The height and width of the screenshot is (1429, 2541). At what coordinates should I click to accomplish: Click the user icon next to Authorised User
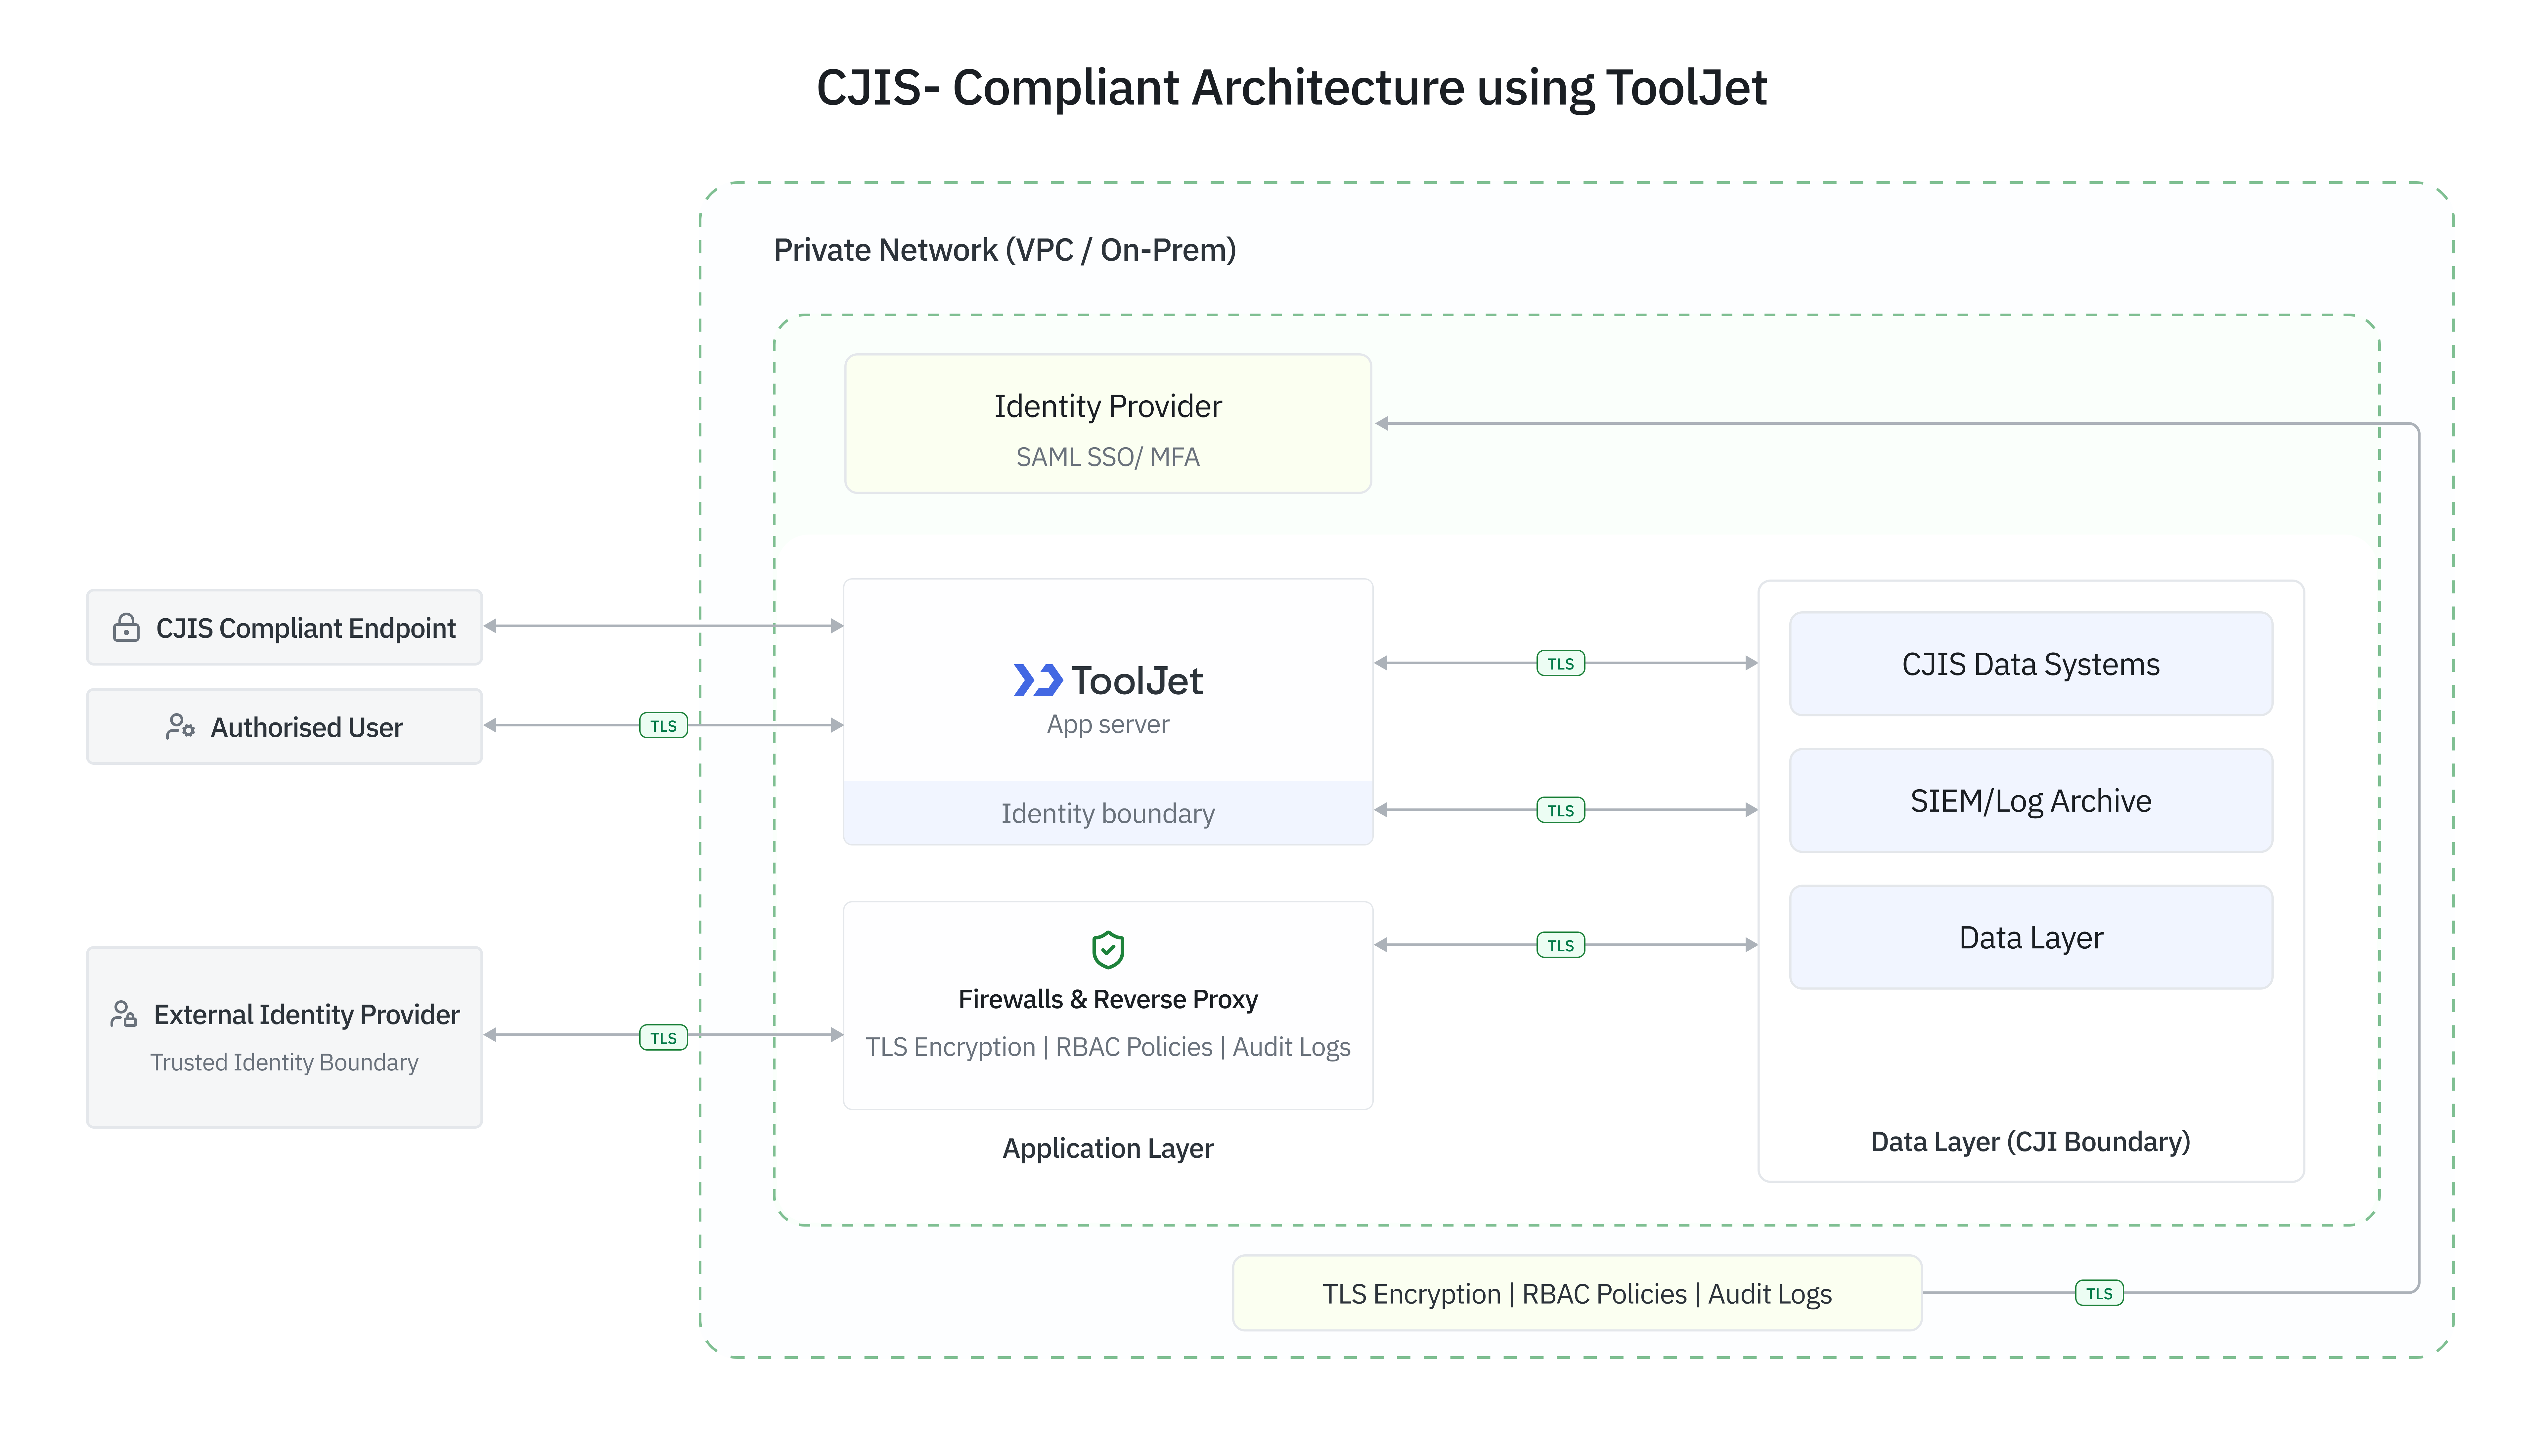click(180, 727)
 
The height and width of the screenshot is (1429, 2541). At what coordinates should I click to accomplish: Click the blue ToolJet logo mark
click(1037, 680)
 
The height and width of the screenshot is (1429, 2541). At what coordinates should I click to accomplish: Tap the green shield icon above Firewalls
click(1108, 950)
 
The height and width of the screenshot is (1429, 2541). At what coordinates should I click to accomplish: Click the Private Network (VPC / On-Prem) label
click(1004, 250)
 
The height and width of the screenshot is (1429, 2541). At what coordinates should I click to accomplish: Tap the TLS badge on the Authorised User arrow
click(663, 726)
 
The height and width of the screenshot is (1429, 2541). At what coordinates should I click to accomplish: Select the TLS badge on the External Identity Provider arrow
click(663, 1037)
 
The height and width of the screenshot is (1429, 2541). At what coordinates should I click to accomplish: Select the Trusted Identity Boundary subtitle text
click(284, 1062)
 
